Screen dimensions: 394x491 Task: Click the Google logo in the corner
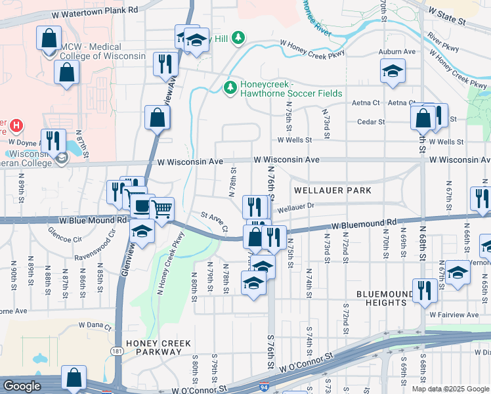coord(22,386)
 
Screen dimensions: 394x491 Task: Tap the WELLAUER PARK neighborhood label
coord(333,190)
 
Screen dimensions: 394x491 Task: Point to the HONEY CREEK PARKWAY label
coord(159,347)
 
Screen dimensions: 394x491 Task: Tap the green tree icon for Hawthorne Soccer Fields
coord(230,87)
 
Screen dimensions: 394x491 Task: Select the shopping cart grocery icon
coord(161,209)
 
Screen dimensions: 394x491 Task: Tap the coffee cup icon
coord(140,205)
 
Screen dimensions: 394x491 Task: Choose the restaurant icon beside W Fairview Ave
coord(425,290)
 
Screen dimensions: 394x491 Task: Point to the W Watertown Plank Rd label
coord(97,10)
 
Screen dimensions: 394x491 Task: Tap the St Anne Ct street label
coord(214,221)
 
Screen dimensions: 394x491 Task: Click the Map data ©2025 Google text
coord(450,389)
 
